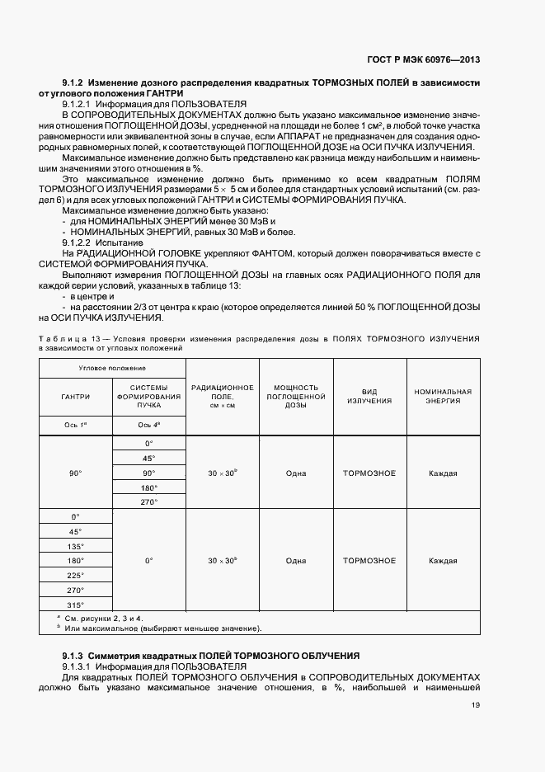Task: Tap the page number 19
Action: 476,704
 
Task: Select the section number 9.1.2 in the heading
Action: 73,83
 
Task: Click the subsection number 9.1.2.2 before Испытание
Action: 78,242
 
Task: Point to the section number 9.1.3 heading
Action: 73,655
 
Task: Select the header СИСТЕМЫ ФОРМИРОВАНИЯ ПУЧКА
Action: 148,397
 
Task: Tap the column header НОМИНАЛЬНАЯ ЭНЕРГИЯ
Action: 443,397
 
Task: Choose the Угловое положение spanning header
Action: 112,367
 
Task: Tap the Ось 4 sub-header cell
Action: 148,425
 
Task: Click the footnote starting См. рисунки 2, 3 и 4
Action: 100,618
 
